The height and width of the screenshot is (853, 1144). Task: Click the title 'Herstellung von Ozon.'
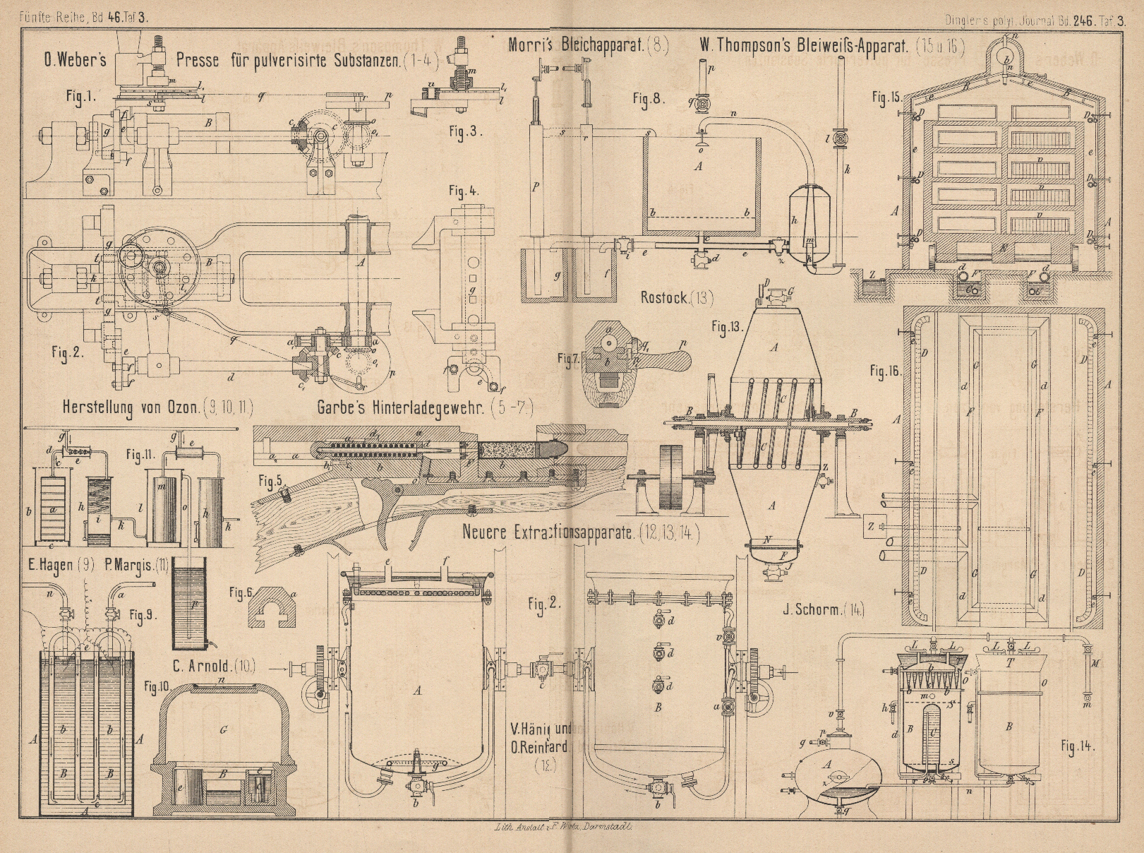coord(131,407)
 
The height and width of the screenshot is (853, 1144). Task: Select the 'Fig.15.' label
coord(885,96)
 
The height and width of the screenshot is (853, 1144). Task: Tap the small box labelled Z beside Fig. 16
coord(872,526)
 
